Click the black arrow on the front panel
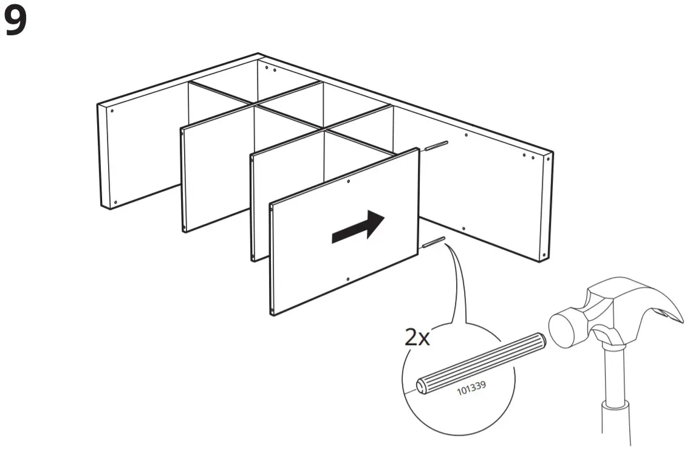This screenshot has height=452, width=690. click(x=358, y=228)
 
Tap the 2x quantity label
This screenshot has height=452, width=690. click(x=417, y=338)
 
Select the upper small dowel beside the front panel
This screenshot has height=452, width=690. click(x=437, y=146)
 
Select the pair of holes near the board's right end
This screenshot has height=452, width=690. click(x=528, y=156)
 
